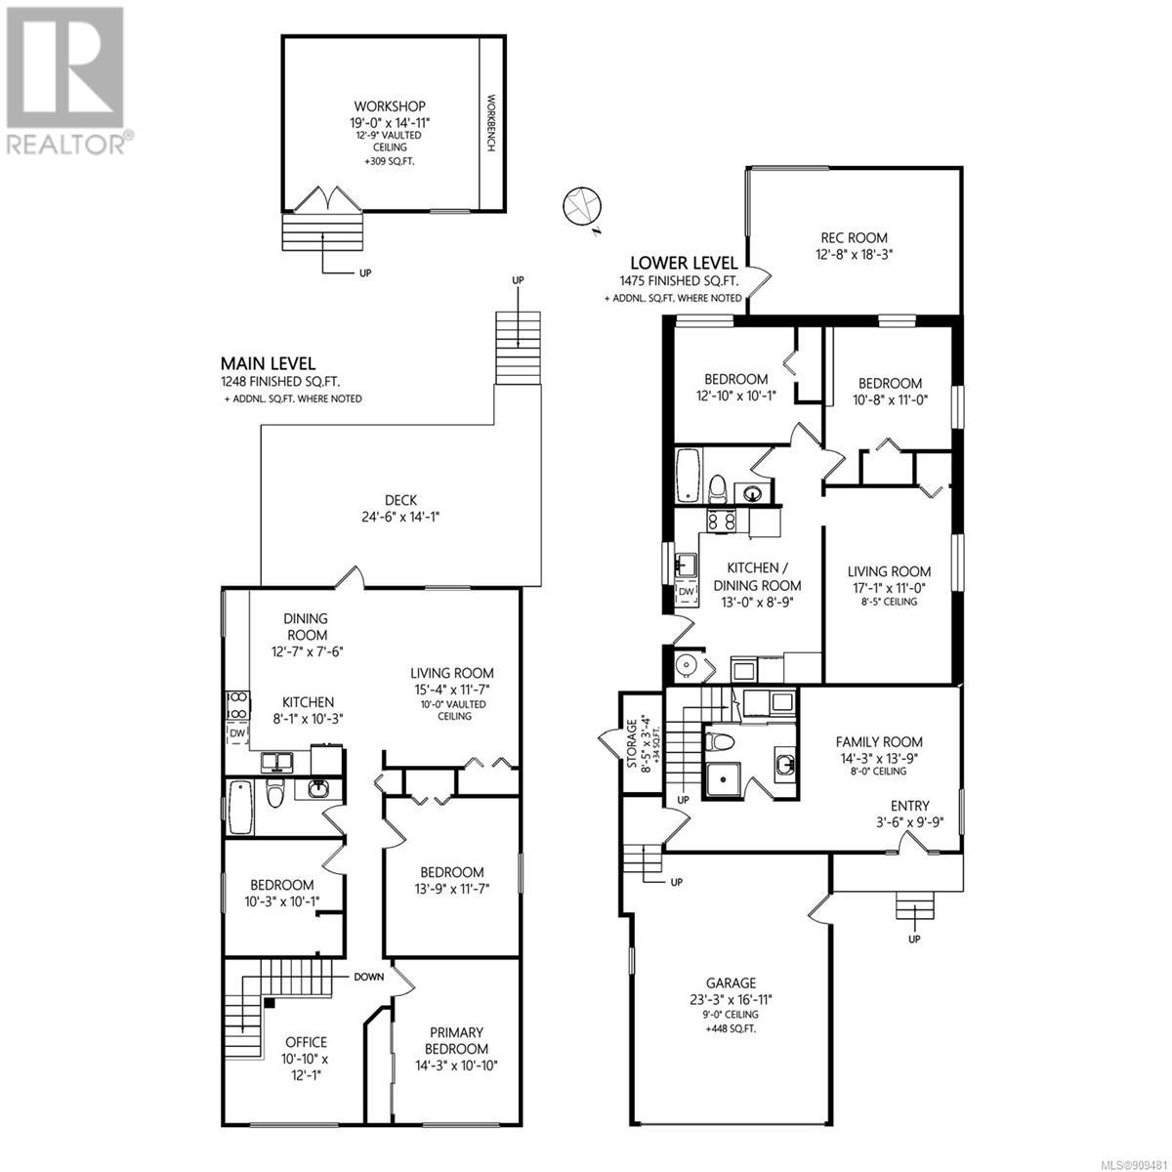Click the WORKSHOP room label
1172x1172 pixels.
coord(390,106)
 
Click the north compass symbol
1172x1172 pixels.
coord(583,209)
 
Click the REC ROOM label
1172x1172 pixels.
coord(854,237)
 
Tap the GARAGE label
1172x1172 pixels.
coord(732,983)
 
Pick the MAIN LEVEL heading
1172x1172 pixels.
coord(268,363)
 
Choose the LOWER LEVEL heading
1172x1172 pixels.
coord(684,263)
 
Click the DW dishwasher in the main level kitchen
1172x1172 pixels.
coord(237,733)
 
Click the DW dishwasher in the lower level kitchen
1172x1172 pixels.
coord(686,592)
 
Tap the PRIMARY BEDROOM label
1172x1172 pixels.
coord(456,1040)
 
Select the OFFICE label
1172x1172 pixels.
coord(307,1042)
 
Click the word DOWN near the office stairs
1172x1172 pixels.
coord(369,977)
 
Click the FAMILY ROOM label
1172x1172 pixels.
coord(879,742)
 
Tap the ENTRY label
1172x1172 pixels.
coord(910,806)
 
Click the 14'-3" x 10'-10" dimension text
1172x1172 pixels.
coord(456,1066)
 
